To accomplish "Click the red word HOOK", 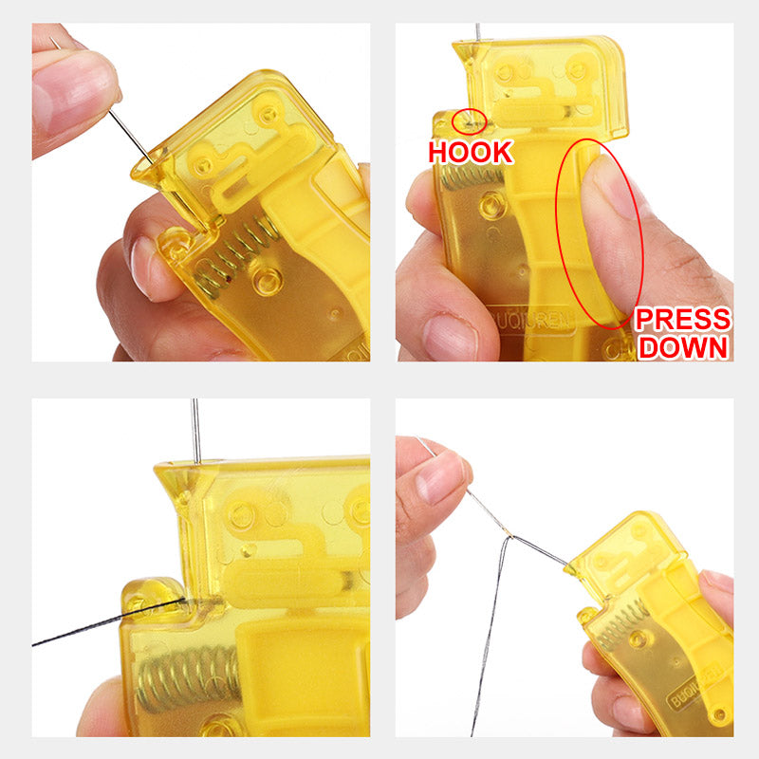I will (471, 152).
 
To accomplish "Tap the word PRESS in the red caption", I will (683, 319).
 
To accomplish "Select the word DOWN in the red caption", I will (683, 347).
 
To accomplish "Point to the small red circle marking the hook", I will (469, 120).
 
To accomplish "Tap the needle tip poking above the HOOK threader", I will (477, 32).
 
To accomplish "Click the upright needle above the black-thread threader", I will (195, 432).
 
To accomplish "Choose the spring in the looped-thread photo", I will (606, 625).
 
